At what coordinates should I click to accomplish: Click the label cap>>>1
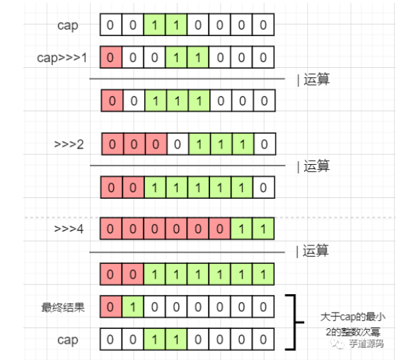(62, 57)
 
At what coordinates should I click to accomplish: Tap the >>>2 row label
(69, 145)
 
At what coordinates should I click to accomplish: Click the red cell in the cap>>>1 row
(111, 57)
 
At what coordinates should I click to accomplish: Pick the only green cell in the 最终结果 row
(133, 308)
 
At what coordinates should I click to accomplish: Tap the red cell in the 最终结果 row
(111, 308)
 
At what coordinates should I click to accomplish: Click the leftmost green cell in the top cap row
(155, 26)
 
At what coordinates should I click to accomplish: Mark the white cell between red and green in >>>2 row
(177, 145)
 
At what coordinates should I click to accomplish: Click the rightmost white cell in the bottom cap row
(263, 339)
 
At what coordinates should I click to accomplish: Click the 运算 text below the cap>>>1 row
(316, 80)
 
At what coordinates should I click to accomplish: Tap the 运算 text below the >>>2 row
(316, 167)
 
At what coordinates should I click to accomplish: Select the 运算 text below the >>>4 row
(316, 252)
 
